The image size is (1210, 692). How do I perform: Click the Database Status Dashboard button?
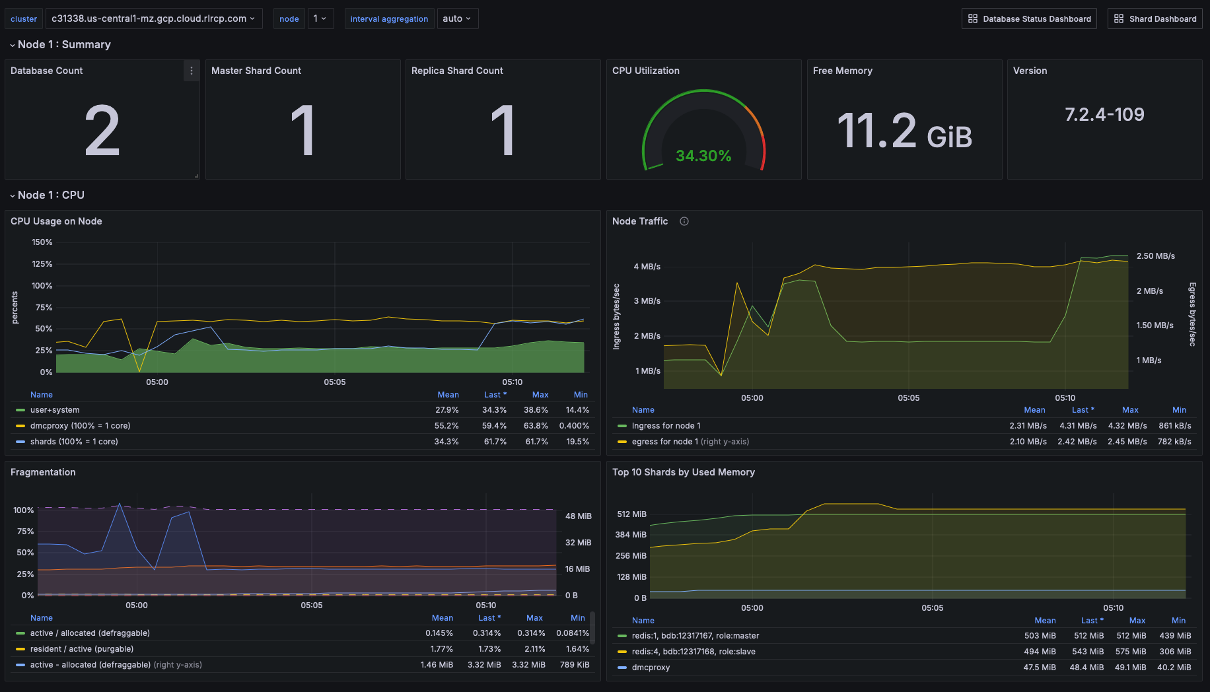[x=1029, y=18]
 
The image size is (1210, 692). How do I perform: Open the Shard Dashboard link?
[x=1155, y=18]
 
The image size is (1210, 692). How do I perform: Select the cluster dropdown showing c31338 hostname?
[x=153, y=18]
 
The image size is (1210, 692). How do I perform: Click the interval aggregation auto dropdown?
[x=457, y=18]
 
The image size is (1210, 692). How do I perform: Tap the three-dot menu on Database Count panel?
[x=192, y=71]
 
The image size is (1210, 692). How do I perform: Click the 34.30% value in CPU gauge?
[x=703, y=156]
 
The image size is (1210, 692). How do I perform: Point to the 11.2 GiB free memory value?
[x=904, y=131]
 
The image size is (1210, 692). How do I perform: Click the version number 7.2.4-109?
[x=1104, y=115]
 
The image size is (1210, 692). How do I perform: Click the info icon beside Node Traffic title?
[x=684, y=221]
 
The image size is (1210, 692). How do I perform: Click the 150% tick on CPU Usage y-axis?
[x=42, y=242]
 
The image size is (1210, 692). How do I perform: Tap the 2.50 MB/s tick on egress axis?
[x=1155, y=256]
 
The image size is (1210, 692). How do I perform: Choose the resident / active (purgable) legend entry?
[x=82, y=649]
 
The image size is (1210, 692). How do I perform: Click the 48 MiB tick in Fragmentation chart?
[x=578, y=516]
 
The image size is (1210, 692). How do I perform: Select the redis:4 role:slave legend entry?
[x=694, y=652]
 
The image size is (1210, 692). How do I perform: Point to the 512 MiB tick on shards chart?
[x=631, y=514]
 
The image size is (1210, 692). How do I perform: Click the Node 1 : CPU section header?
[x=51, y=195]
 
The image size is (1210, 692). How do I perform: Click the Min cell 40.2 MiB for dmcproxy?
[x=1174, y=668]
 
